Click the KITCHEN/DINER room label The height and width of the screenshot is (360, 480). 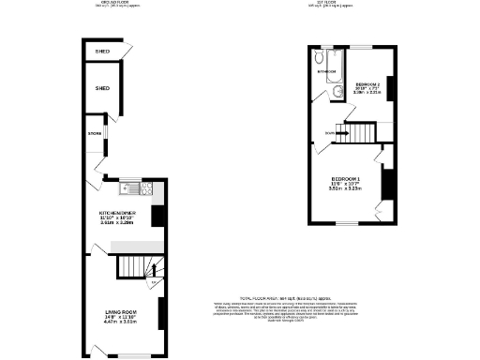coord(123,214)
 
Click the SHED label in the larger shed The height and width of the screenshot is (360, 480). coord(102,88)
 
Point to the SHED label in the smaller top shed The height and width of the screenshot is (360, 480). coord(102,52)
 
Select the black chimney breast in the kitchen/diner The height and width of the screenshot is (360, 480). coord(158,216)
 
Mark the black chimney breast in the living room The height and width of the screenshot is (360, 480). coord(159,313)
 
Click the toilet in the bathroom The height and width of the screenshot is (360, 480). coord(336,92)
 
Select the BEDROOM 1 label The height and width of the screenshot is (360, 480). coord(346,178)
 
